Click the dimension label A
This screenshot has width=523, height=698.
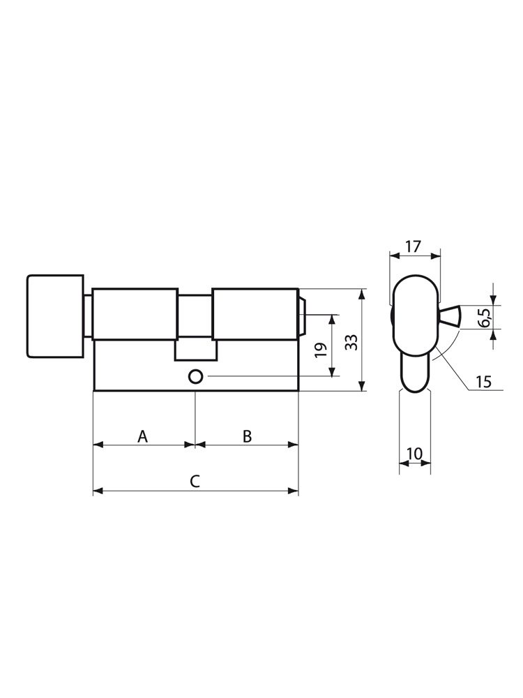[142, 437]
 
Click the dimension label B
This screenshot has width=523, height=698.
[248, 437]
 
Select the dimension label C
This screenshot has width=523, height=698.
[195, 481]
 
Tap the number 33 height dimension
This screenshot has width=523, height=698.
[351, 341]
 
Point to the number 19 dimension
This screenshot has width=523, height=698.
[321, 349]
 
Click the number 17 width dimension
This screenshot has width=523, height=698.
[413, 246]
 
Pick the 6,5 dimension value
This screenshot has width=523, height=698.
[485, 317]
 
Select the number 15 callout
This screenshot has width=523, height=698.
[483, 382]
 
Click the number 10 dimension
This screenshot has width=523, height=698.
[414, 454]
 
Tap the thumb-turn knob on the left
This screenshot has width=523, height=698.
[55, 316]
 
